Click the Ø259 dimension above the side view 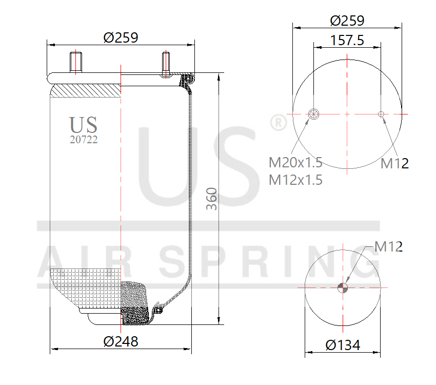tap(121, 37)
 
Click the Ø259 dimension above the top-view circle tap(347, 21)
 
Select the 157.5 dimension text tap(347, 41)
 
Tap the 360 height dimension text tap(211, 199)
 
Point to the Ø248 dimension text tap(121, 341)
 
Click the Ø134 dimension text tap(343, 345)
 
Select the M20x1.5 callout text tap(295, 163)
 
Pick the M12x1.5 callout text tap(295, 180)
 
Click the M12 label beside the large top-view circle tap(394, 164)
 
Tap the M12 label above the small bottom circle tap(388, 246)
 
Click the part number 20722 tap(84, 139)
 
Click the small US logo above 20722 tap(84, 125)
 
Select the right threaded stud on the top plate tap(166, 64)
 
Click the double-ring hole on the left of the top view tap(313, 113)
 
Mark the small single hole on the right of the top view tap(381, 113)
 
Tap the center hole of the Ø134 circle tap(343, 287)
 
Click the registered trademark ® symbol tap(278, 123)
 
